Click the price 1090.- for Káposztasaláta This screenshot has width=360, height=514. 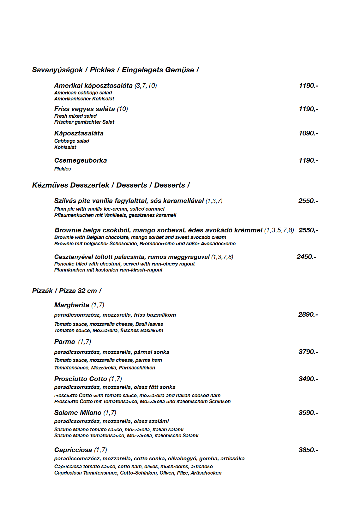tap(308, 133)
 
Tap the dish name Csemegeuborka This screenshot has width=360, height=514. tap(81, 160)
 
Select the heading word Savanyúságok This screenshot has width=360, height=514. tap(57, 70)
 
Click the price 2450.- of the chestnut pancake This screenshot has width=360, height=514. tap(306, 257)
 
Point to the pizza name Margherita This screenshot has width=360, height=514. tap(72, 305)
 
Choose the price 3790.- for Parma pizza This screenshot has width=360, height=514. tap(308, 352)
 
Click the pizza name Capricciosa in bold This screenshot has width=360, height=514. tap(73, 450)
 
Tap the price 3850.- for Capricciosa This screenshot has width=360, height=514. tap(308, 450)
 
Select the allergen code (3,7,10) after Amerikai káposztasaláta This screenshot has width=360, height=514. tap(146, 86)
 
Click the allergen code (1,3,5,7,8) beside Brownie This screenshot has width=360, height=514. tap(279, 230)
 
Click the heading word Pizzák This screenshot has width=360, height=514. tap(42, 291)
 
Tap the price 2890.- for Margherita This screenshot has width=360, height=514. tap(308, 314)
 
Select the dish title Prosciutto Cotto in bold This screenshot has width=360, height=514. tap(81, 379)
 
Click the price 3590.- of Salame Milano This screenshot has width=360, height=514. tap(308, 413)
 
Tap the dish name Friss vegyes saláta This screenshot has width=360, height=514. tap(84, 109)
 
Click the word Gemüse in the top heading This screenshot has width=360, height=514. tap(183, 70)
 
